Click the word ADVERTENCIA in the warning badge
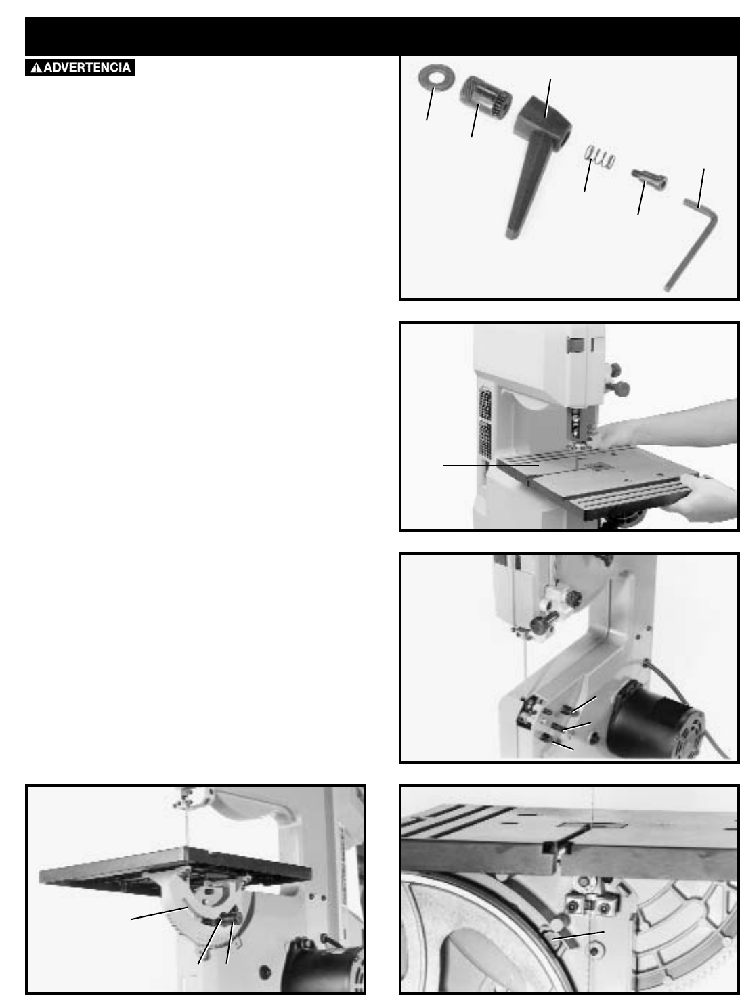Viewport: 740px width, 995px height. [87, 68]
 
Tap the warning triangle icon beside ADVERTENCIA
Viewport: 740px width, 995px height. [37, 68]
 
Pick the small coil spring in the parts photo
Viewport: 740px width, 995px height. [600, 156]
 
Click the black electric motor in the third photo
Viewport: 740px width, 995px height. [656, 722]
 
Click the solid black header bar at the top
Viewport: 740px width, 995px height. [382, 37]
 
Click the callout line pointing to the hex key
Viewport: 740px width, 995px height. [701, 188]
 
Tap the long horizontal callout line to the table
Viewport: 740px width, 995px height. [491, 466]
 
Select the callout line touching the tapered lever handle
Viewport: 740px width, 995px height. [548, 99]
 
